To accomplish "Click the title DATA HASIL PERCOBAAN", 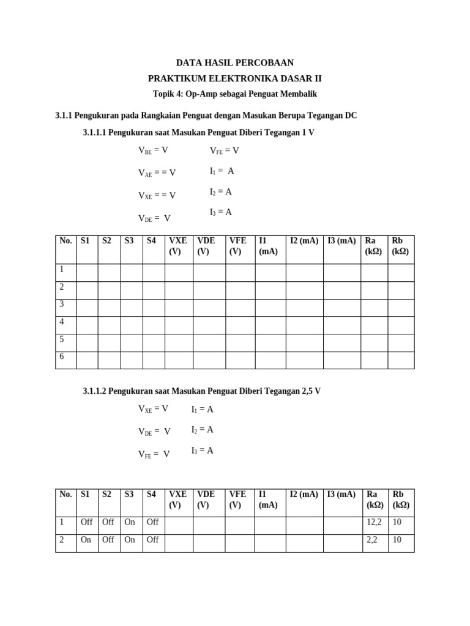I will pyautogui.click(x=235, y=62).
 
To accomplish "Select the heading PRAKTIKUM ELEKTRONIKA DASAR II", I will pyautogui.click(x=235, y=78).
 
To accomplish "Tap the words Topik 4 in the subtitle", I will pyautogui.click(x=168, y=94).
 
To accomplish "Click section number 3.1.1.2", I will pyautogui.click(x=100, y=391).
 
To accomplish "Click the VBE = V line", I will pyautogui.click(x=153, y=150).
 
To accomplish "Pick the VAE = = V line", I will pyautogui.click(x=157, y=173).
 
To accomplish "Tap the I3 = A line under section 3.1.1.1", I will pyautogui.click(x=220, y=212).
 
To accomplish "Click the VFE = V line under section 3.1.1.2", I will pyautogui.click(x=154, y=454).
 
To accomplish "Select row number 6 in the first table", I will pyautogui.click(x=61, y=356).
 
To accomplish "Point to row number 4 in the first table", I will pyautogui.click(x=61, y=322).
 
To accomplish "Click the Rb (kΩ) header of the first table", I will pyautogui.click(x=400, y=246).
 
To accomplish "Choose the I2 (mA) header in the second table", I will pyautogui.click(x=304, y=494).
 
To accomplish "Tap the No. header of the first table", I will pyautogui.click(x=65, y=241).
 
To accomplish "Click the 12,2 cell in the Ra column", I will pyautogui.click(x=374, y=522).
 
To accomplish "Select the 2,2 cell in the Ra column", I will pyautogui.click(x=372, y=540).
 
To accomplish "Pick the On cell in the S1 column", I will pyautogui.click(x=86, y=540).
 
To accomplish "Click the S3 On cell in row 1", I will pyautogui.click(x=130, y=522).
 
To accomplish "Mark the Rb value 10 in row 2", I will pyautogui.click(x=397, y=540).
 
